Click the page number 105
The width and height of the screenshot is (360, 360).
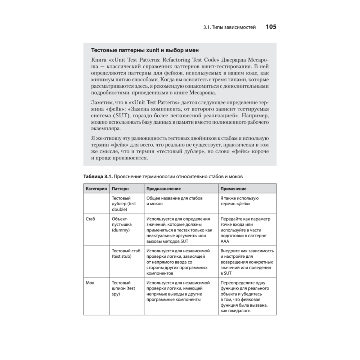tap(271, 27)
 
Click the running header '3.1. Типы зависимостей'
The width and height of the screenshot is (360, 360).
tap(229, 27)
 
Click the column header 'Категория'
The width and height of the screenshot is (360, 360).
tap(95, 189)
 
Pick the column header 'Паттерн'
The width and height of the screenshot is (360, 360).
tap(120, 189)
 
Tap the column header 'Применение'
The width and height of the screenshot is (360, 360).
tap(233, 189)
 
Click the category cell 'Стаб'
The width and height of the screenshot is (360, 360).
tap(90, 219)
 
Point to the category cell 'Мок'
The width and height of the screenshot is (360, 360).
tap(90, 283)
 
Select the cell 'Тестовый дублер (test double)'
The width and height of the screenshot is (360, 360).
tap(124, 203)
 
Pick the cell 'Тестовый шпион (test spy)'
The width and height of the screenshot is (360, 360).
tap(123, 288)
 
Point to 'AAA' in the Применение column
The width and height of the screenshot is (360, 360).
tap(225, 241)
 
